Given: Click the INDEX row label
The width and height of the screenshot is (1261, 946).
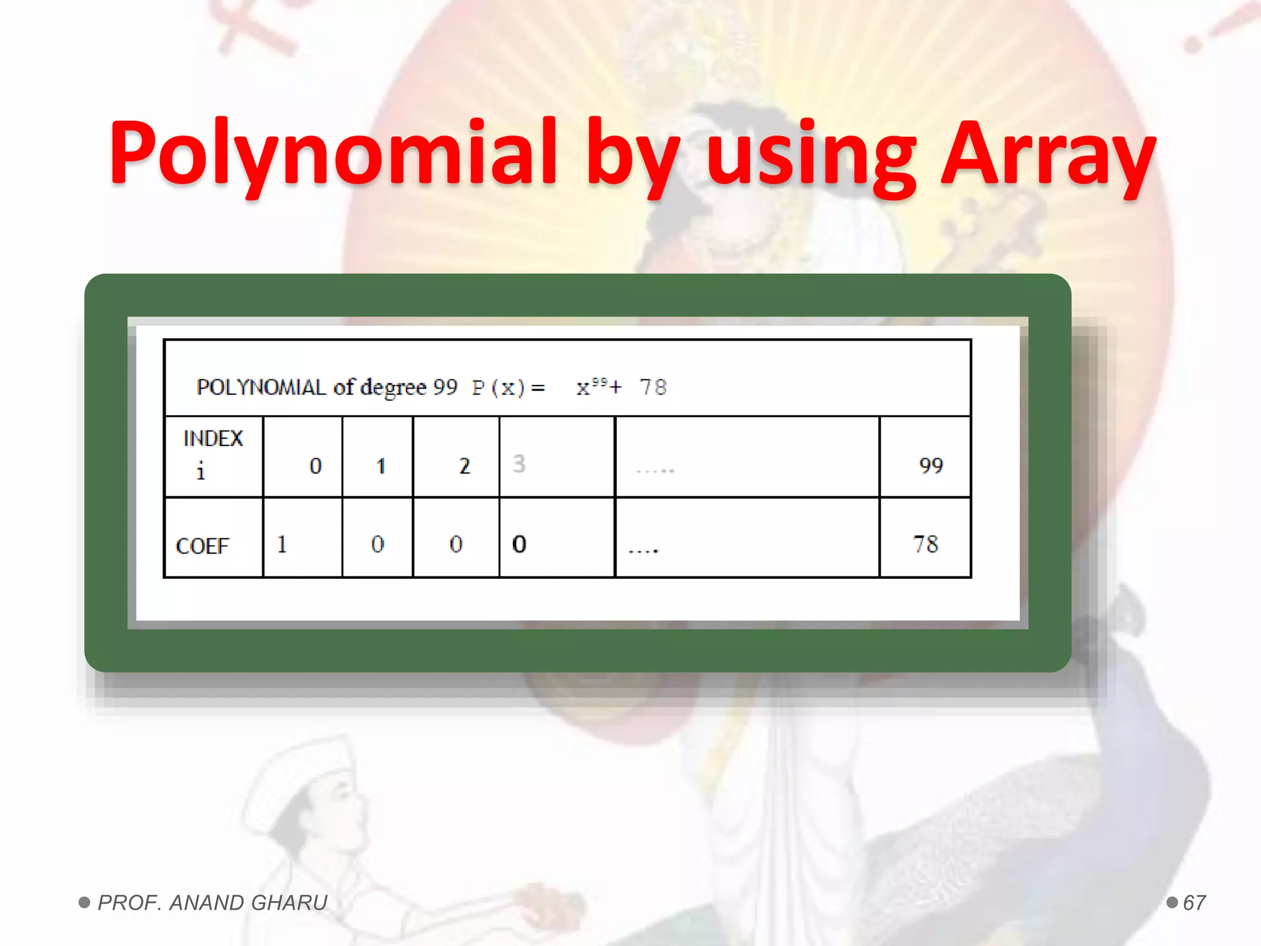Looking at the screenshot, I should tap(213, 439).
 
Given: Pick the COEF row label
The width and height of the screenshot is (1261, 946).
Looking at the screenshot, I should tap(202, 546).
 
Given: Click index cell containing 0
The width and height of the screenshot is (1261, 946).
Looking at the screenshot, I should tap(315, 466).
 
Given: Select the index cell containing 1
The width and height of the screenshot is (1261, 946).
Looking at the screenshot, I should tap(381, 466).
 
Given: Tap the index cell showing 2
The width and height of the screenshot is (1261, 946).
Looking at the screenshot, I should tap(464, 466).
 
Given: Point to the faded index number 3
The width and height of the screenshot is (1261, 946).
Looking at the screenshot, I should tap(519, 464).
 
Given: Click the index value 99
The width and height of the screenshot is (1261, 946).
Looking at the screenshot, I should tap(930, 466).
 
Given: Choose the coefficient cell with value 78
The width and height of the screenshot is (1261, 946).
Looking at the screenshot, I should tap(925, 544).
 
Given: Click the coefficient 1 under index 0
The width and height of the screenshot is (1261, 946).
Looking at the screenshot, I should tap(282, 544).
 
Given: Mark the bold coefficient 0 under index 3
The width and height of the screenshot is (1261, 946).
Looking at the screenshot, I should tap(519, 544).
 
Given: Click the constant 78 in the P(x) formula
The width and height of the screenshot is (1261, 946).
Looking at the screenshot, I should tap(653, 387).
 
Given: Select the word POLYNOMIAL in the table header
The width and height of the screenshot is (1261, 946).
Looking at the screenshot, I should tap(261, 387).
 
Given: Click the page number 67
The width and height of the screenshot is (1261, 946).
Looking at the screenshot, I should tap(1194, 903).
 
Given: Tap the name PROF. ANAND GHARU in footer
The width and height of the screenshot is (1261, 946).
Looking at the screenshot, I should tap(212, 903).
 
